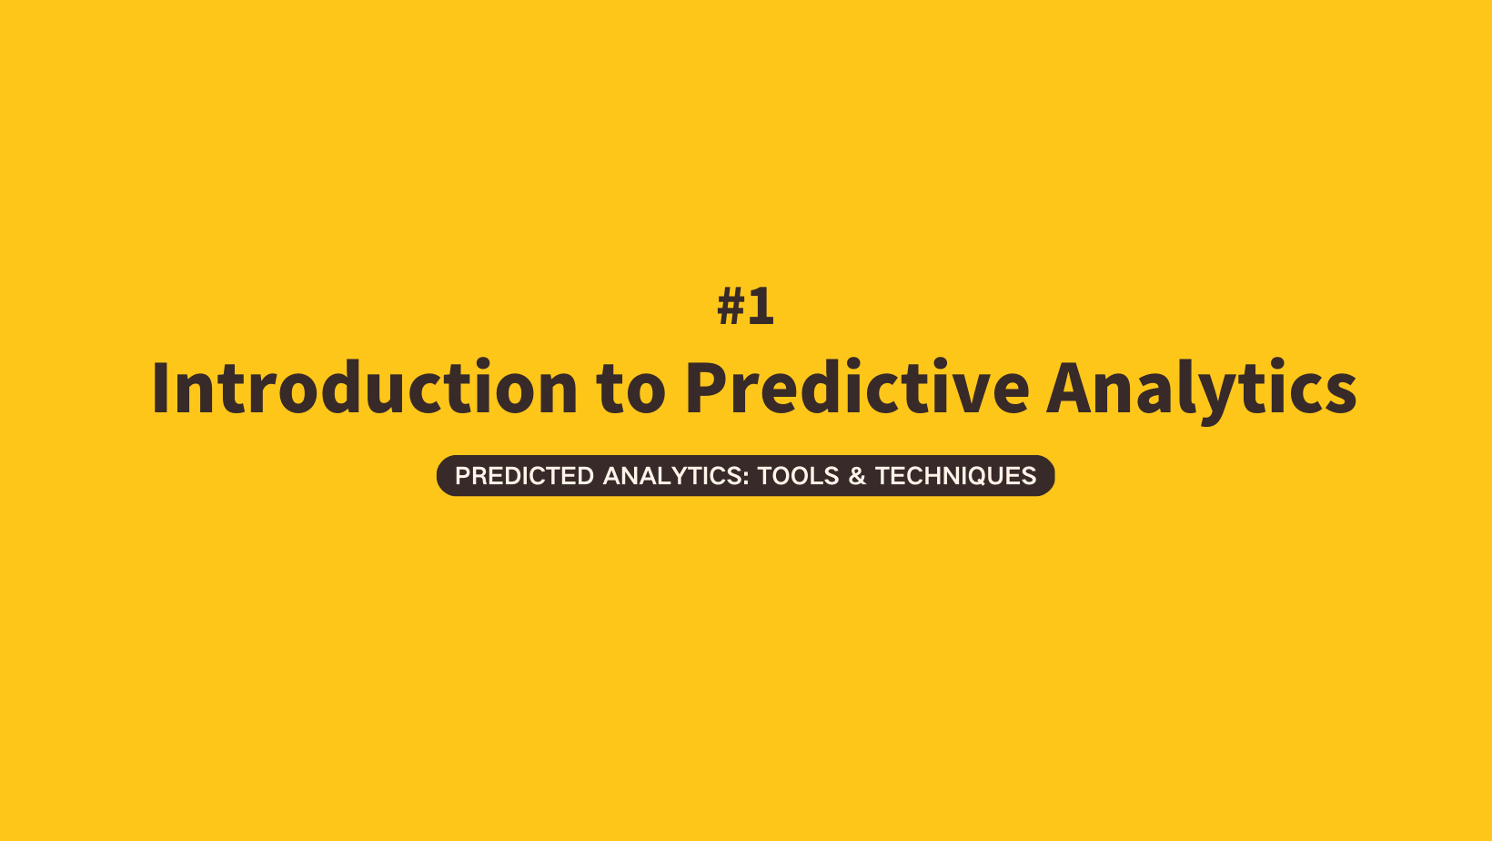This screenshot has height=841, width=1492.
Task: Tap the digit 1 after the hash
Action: coord(761,306)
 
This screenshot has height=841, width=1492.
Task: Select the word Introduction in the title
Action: coord(365,387)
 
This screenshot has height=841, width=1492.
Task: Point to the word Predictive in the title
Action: coord(858,387)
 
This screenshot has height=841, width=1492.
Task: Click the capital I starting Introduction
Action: coord(160,388)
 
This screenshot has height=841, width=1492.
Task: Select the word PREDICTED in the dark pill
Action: coord(524,476)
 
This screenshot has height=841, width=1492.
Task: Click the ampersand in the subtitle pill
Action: coord(857,476)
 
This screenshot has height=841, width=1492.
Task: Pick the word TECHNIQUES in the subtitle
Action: coord(956,476)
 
